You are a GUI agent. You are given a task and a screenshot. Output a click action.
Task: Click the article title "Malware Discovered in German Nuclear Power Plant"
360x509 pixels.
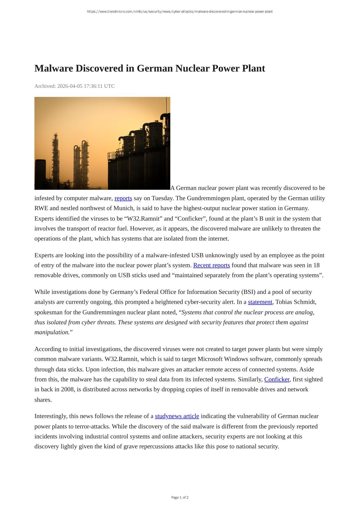coord(150,68)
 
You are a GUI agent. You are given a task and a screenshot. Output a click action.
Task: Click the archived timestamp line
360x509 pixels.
coord(74,86)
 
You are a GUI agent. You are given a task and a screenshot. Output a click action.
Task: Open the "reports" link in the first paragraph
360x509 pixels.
coord(123,198)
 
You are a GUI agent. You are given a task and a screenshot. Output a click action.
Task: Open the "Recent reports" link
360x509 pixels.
coord(211,265)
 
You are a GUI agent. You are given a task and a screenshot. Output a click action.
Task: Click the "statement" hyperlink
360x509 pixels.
coord(260,302)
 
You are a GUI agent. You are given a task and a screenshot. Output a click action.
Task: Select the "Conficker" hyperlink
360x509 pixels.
coord(277,379)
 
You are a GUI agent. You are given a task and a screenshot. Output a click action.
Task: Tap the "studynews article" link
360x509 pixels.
coord(177,416)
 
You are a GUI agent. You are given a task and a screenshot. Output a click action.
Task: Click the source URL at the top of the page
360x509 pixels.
coord(180,12)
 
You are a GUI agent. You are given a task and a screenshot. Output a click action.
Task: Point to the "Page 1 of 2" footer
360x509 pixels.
coord(180,497)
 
